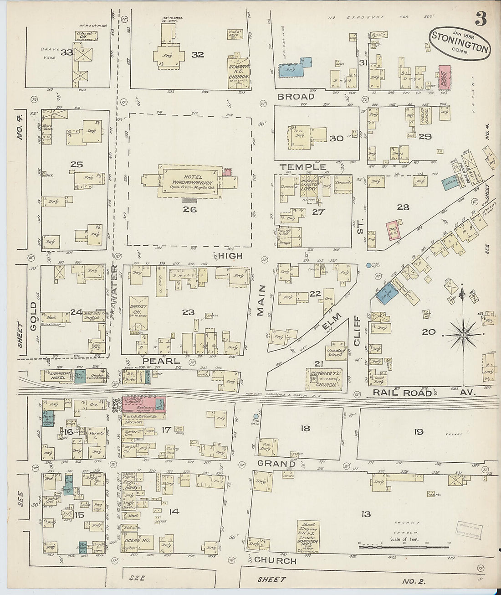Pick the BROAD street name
[x=296, y=97]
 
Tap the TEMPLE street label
[x=302, y=167]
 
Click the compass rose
[x=463, y=335]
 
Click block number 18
[x=305, y=428]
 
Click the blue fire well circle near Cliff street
[x=368, y=265]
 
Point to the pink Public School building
[x=445, y=76]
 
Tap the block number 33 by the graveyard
[x=67, y=52]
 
